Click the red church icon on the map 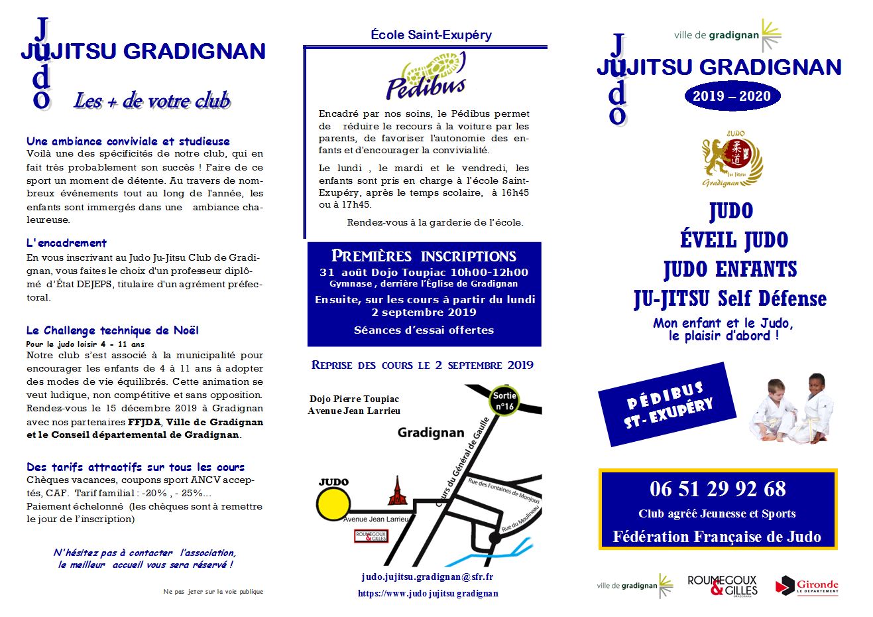[397, 492]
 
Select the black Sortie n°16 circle [504, 401]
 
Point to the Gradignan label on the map [431, 433]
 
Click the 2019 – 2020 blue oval [732, 96]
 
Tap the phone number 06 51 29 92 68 [718, 489]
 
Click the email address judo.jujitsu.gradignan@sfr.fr [428, 577]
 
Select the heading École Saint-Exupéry [431, 34]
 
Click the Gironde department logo [807, 586]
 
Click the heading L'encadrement [66, 243]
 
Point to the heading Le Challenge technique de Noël [112, 330]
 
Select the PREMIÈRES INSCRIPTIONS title [424, 256]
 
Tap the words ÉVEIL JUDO [734, 240]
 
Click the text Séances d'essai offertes [424, 330]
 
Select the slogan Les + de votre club [152, 101]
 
